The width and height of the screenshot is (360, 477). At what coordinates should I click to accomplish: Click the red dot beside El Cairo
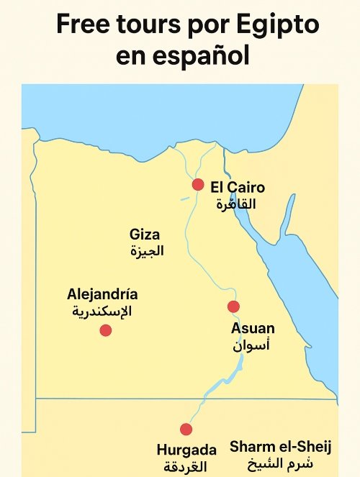point(198,185)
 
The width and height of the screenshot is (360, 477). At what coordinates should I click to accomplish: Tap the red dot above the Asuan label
point(233,307)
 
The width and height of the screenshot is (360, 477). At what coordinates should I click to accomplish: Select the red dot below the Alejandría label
point(106,330)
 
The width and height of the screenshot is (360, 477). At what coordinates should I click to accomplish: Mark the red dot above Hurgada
point(186,430)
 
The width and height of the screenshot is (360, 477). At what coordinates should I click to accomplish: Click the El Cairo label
point(238,188)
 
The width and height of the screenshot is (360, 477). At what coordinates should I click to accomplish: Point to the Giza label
point(145,235)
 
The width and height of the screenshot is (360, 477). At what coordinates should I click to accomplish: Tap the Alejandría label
point(102,294)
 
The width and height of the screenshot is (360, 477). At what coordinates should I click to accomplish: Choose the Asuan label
point(253,329)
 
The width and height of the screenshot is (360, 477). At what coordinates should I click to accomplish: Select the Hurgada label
point(186,450)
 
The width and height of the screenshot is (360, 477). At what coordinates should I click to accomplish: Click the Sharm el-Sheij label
point(281,447)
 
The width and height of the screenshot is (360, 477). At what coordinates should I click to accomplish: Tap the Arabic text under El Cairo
point(236,204)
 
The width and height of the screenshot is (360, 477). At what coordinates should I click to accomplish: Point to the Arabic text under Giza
point(147,251)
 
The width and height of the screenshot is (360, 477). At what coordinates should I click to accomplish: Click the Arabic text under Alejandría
point(102,312)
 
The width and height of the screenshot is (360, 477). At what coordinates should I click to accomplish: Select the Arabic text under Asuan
point(251,345)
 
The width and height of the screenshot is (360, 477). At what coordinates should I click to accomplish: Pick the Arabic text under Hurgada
point(185,466)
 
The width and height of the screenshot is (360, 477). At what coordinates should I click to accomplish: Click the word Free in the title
point(84,26)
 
